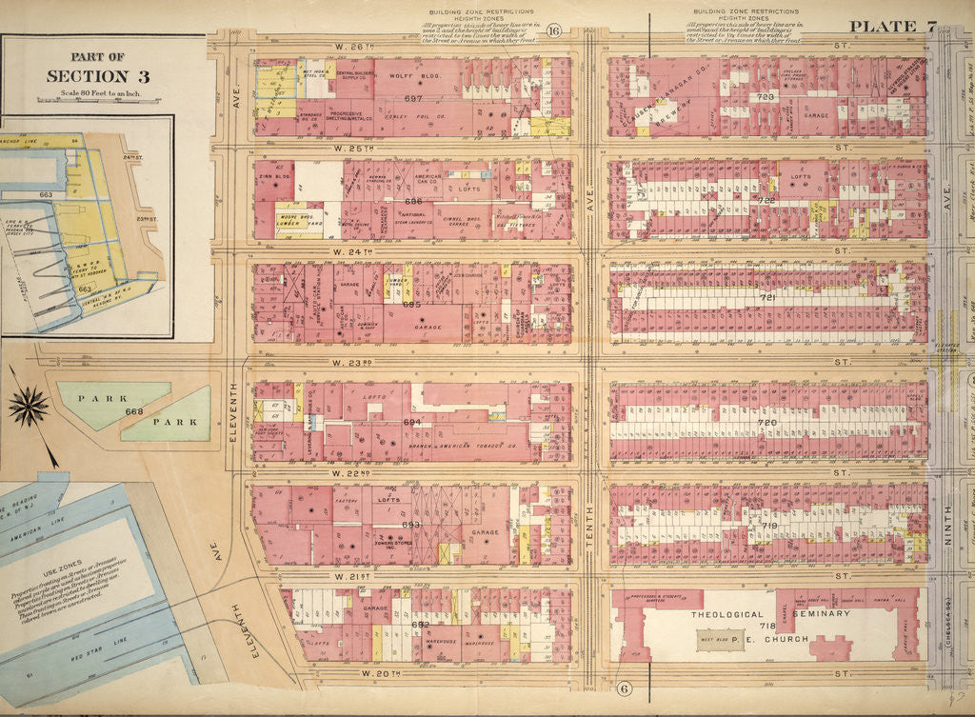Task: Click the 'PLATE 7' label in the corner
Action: tap(892, 27)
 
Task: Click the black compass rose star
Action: tap(29, 407)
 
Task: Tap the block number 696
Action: tap(412, 201)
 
